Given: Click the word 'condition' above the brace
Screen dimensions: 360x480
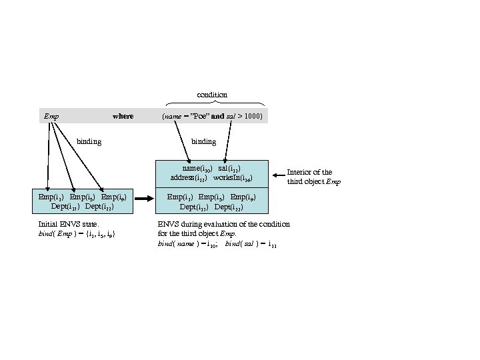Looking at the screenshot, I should coord(212,95).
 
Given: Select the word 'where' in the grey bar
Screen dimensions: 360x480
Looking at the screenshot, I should coord(123,116).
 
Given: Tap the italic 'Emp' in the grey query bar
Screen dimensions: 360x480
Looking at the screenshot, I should coord(51,116).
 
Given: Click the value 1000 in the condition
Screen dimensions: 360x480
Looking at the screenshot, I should coord(253,116).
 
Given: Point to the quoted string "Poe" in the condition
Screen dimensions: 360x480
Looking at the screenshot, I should coord(199,116).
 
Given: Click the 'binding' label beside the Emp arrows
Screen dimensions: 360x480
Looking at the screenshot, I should coord(89,141).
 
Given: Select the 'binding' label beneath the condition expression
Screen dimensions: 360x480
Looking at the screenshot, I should coord(203,141).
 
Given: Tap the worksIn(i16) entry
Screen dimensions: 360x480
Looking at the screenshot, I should coord(233,178).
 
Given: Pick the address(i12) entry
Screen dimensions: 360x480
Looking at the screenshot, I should coord(189,178).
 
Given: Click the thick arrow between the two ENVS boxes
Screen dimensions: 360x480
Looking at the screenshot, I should coord(143,202).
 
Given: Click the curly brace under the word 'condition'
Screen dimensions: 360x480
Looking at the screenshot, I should coord(214,103).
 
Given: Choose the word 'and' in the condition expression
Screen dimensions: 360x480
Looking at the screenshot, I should coord(217,116).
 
